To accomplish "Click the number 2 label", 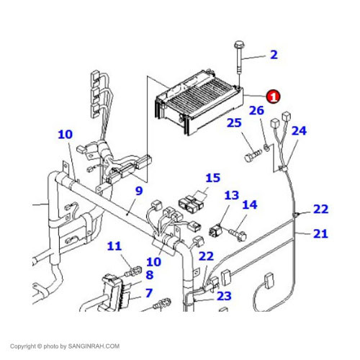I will [x=273, y=55].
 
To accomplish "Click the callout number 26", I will [x=257, y=111].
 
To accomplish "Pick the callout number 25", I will [x=233, y=123].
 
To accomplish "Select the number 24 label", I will [x=299, y=131].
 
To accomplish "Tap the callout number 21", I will [x=320, y=233].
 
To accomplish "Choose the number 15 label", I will [x=212, y=178].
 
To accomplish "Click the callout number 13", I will [x=231, y=195].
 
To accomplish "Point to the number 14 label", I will [x=249, y=204].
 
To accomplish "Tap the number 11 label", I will [x=114, y=247].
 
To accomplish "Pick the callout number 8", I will [x=149, y=274].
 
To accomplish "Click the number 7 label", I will [x=149, y=293].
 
